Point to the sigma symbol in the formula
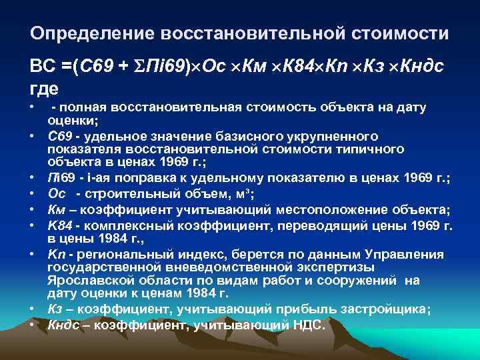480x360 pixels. pyautogui.click(x=140, y=67)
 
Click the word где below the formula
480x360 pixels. pyautogui.click(x=45, y=87)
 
